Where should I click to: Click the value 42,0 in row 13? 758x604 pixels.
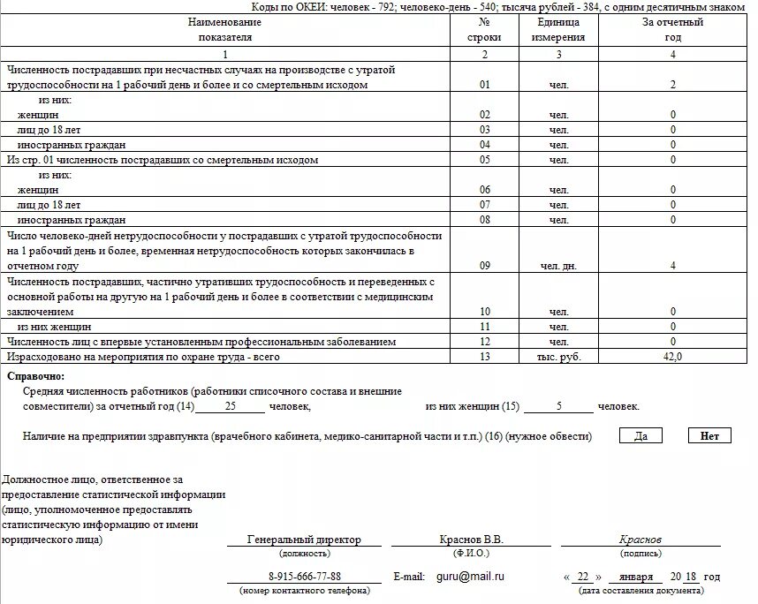coord(672,356)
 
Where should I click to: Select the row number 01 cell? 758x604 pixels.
coord(484,85)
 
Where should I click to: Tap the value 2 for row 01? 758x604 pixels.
coord(672,85)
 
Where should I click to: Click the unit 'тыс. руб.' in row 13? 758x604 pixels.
coord(558,356)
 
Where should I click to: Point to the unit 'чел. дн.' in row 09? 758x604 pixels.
coord(558,266)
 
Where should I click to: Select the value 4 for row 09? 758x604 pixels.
coord(672,266)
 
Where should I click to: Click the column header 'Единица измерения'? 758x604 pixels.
coord(558,30)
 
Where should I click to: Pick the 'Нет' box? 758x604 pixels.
coord(709,435)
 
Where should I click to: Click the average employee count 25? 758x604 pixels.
coord(230,406)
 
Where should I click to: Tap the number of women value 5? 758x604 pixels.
coord(558,406)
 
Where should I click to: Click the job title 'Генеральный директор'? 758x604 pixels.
coord(304,540)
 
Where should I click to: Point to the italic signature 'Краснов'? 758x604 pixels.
coord(641,540)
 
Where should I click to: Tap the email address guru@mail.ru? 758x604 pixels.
coord(470,577)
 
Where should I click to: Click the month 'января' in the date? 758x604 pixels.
coord(636,577)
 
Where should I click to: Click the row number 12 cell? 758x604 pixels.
coord(484,341)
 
